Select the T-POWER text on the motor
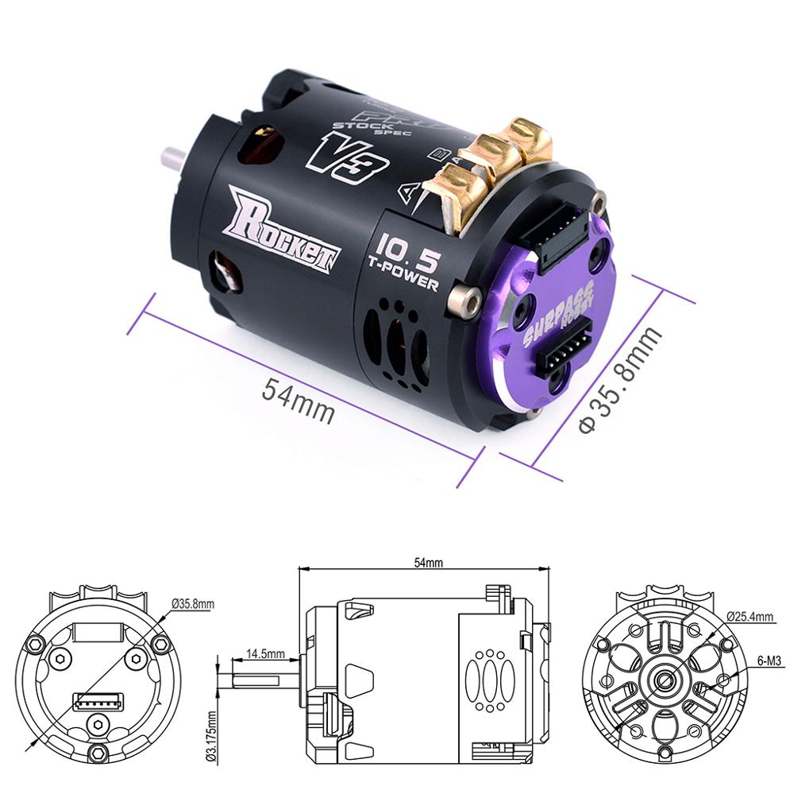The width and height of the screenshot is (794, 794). click(405, 275)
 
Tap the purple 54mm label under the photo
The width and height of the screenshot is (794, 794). click(298, 401)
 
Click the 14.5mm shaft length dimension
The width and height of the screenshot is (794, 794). click(264, 654)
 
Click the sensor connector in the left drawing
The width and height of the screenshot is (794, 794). click(99, 701)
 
